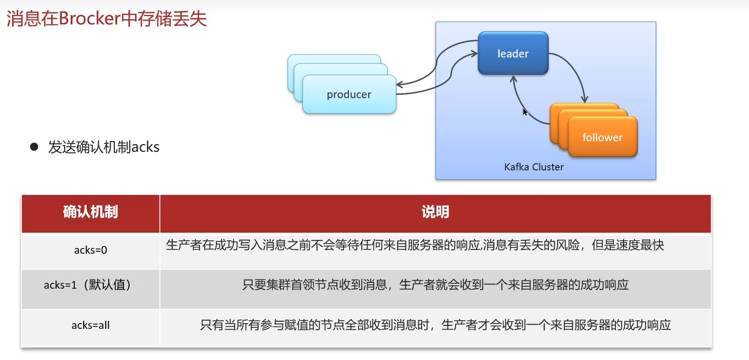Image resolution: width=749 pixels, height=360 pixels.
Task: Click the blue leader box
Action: pos(513,53)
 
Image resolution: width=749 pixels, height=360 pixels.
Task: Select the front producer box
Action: pos(349,94)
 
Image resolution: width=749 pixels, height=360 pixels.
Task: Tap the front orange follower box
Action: pos(603,136)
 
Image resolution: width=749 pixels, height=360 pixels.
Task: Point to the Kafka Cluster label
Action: pos(534,167)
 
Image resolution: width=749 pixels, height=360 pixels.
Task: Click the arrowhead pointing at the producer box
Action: pos(400,85)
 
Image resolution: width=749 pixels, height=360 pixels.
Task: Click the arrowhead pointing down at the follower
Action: pos(584,100)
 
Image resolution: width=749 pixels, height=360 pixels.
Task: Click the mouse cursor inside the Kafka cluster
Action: pos(525,112)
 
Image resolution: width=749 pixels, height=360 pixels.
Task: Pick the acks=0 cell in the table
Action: pos(90,250)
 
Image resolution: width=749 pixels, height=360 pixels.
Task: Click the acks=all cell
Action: pos(90,325)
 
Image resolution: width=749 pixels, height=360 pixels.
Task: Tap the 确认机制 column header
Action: pos(90,212)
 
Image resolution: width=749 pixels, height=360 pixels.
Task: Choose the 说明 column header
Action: pos(436,212)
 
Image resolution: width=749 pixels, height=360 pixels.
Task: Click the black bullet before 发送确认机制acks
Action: pos(34,147)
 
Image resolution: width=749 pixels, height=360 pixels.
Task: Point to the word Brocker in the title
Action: pos(89,18)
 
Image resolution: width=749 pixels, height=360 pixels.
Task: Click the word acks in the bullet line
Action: pos(145,147)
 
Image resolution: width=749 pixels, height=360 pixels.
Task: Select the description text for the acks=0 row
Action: pos(414,245)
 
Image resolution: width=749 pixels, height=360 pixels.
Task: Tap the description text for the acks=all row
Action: pos(436,325)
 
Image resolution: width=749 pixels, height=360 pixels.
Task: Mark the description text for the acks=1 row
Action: pos(436,285)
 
